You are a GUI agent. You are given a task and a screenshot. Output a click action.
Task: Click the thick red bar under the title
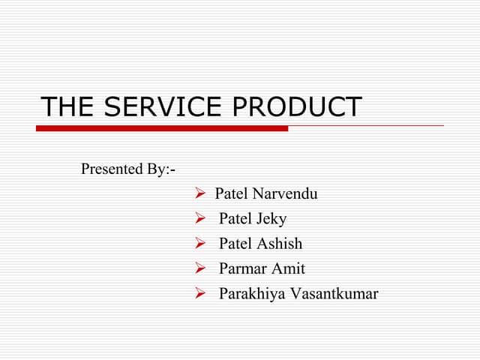pos(162,128)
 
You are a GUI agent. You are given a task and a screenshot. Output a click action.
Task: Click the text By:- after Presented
pos(161,169)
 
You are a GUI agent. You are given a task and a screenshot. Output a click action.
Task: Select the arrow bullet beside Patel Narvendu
pos(200,194)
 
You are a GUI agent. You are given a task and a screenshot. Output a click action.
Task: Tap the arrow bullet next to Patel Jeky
pos(200,219)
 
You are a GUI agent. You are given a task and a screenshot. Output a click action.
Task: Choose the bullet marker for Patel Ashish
pos(200,244)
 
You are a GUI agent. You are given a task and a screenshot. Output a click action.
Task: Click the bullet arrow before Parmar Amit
pos(200,268)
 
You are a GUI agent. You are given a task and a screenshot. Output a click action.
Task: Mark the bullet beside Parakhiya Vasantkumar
pos(200,293)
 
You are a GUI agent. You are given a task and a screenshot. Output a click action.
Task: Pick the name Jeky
pos(271,220)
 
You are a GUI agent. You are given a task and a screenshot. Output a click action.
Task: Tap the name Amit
pos(288,268)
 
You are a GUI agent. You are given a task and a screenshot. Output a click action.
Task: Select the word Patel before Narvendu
pos(232,194)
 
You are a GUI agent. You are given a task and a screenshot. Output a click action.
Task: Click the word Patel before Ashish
pos(235,244)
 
